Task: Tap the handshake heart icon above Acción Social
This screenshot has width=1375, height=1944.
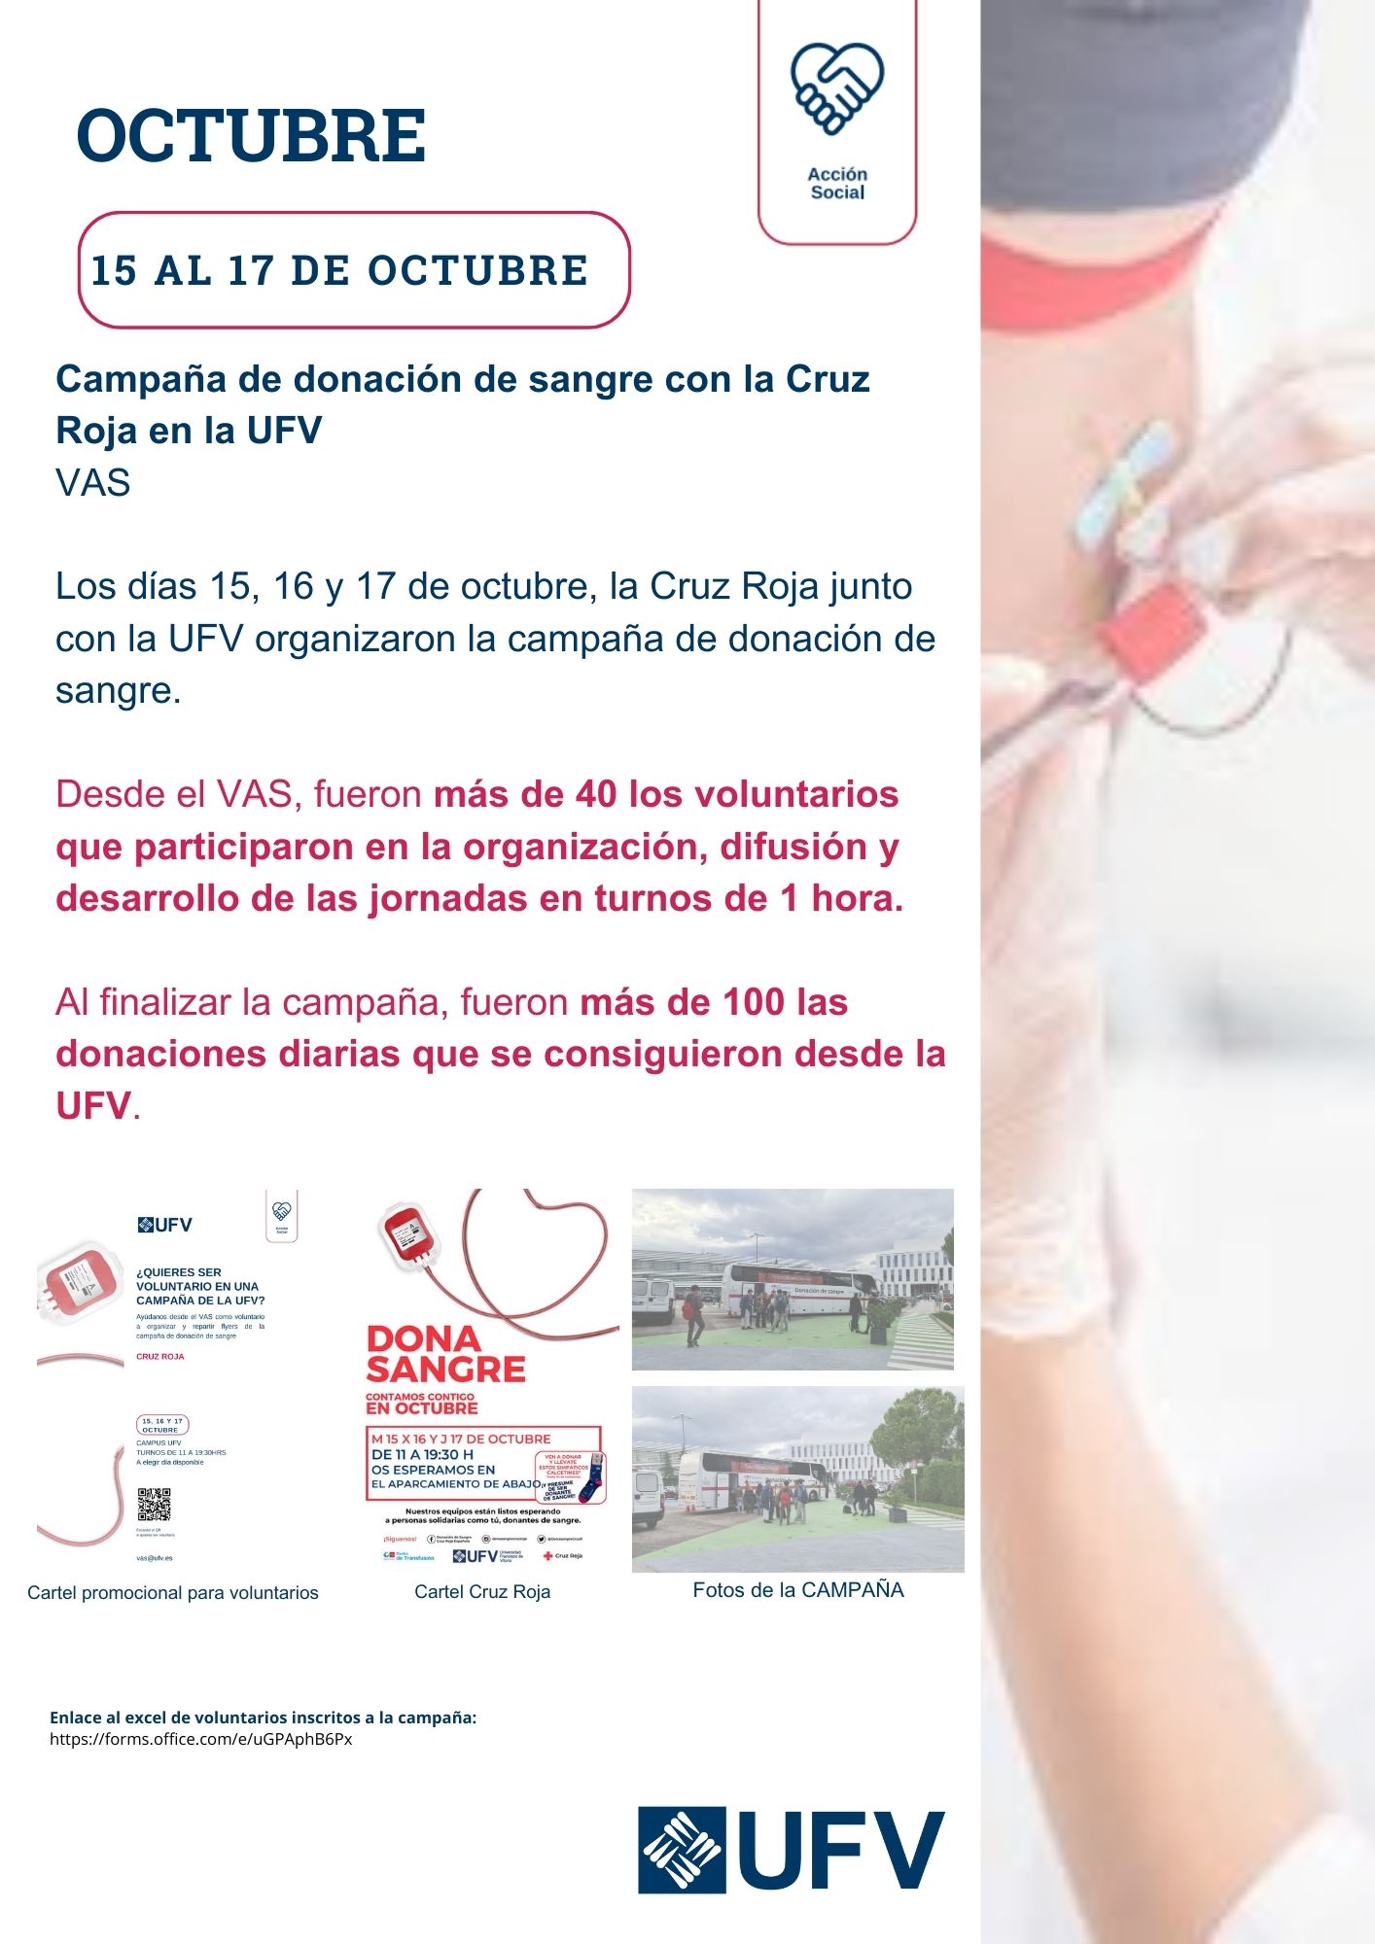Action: click(x=836, y=87)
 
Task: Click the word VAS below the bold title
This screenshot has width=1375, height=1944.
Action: click(x=93, y=483)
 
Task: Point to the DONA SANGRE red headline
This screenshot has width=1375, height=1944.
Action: click(x=444, y=1354)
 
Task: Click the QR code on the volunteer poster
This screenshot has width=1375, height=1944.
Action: click(x=154, y=1504)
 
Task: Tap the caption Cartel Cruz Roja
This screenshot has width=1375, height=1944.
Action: click(x=482, y=1591)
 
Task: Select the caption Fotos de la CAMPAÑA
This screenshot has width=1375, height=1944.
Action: click(x=797, y=1589)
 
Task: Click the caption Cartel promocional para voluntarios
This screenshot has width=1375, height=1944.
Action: click(x=173, y=1592)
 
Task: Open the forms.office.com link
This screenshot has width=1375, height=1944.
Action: click(x=201, y=1739)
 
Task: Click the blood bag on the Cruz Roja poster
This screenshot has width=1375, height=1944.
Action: click(x=408, y=1233)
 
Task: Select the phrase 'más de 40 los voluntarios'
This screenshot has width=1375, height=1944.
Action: click(x=666, y=794)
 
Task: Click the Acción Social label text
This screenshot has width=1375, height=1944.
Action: click(x=837, y=183)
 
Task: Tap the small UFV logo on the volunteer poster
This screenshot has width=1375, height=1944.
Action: click(x=165, y=1225)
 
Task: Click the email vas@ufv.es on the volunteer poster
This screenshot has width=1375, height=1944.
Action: click(x=155, y=1557)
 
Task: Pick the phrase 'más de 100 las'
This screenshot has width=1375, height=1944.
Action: click(x=714, y=1002)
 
